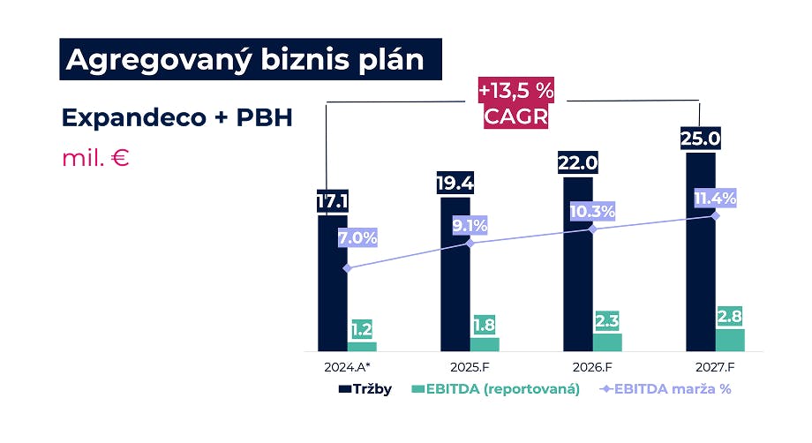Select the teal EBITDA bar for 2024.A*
(362, 347)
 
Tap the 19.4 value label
(455, 184)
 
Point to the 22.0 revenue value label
(577, 163)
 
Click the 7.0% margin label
(357, 237)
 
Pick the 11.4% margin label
(715, 198)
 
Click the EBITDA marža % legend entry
(665, 388)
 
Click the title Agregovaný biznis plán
(251, 59)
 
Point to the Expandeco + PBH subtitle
(177, 117)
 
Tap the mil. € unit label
(96, 159)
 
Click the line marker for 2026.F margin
(592, 229)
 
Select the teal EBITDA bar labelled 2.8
(730, 341)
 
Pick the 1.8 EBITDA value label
(485, 324)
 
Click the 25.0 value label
(701, 139)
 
